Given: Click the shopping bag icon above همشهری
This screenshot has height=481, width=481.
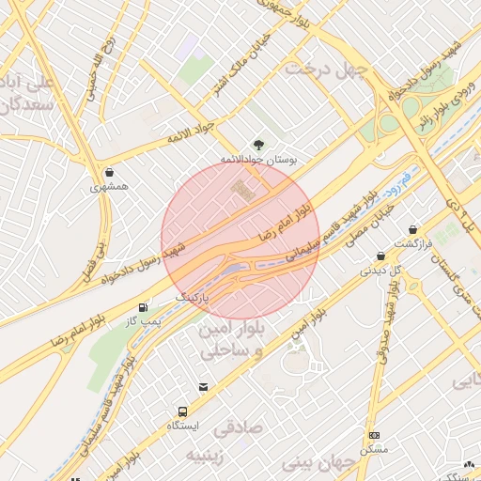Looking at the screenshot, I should tap(111, 173).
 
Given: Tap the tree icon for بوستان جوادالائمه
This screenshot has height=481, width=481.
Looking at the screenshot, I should tap(258, 144).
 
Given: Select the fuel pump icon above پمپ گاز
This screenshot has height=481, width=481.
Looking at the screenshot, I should tap(143, 306).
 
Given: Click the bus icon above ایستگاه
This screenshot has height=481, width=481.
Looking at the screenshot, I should tap(181, 411).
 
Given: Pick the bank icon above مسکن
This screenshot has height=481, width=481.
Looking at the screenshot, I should tap(374, 436).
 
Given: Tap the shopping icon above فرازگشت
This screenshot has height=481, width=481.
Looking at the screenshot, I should tap(413, 230).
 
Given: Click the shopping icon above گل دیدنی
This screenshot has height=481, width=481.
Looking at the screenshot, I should tap(380, 256).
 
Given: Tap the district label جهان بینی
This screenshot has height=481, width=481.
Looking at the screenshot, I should tap(319, 462).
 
